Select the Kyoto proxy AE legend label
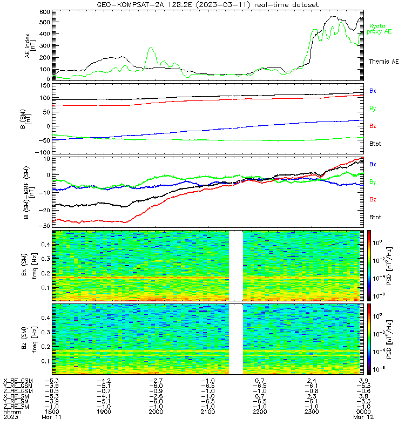click(x=379, y=29)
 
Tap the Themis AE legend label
click(x=384, y=62)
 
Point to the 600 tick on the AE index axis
click(x=45, y=12)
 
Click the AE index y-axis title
click(x=30, y=46)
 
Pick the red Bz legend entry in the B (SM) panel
click(x=373, y=126)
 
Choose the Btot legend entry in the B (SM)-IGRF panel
click(x=375, y=217)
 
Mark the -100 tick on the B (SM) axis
click(x=43, y=152)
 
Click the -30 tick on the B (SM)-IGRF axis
click(x=45, y=226)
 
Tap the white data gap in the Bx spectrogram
click(x=236, y=266)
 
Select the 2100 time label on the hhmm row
click(x=208, y=411)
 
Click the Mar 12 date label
click(x=363, y=417)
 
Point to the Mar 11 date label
click(x=51, y=417)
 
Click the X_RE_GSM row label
click(x=18, y=381)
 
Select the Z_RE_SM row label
click(x=16, y=407)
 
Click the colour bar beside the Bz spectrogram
click(x=369, y=339)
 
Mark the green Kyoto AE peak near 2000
click(x=151, y=48)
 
